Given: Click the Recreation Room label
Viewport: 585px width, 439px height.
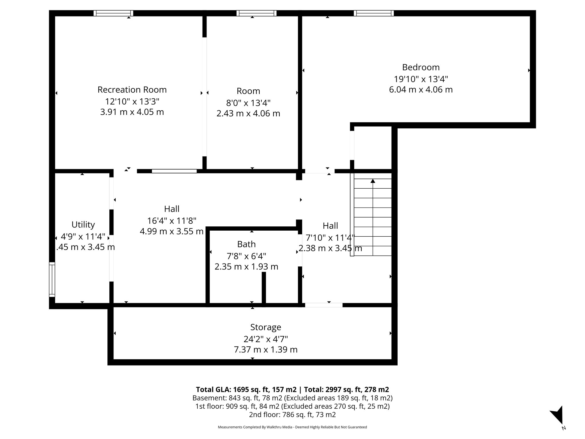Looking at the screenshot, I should [x=132, y=90].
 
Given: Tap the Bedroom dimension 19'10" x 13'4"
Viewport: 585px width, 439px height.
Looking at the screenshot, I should [x=421, y=79].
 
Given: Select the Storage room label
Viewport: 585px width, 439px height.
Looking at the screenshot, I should [x=266, y=327].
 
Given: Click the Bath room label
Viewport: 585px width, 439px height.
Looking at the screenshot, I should [x=246, y=244].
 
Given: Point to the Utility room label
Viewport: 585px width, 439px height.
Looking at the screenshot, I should [x=83, y=225].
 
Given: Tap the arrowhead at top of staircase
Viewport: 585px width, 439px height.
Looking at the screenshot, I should [x=373, y=181].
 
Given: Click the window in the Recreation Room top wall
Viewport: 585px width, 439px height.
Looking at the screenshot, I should [x=113, y=13].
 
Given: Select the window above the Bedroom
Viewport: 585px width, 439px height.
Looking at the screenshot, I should [x=374, y=13].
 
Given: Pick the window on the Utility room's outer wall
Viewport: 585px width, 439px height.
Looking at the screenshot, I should [x=52, y=280].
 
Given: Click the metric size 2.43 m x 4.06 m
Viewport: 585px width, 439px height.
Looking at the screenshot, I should [x=248, y=113].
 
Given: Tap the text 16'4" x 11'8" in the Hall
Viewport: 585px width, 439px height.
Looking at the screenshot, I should [x=172, y=221].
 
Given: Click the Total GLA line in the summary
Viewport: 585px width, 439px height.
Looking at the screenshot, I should [x=292, y=390].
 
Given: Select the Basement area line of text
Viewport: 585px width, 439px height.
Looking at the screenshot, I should [x=292, y=398].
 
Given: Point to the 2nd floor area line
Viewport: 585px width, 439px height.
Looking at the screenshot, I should [x=292, y=414].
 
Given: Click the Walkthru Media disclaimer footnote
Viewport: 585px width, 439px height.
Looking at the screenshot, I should [x=292, y=427].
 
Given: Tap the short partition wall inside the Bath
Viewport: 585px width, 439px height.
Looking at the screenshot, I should [x=264, y=287].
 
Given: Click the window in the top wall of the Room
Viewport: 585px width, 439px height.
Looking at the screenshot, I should [x=257, y=13].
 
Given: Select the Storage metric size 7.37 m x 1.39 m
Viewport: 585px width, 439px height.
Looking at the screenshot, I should [x=266, y=350].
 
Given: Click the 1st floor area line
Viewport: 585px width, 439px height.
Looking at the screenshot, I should [x=292, y=406].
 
